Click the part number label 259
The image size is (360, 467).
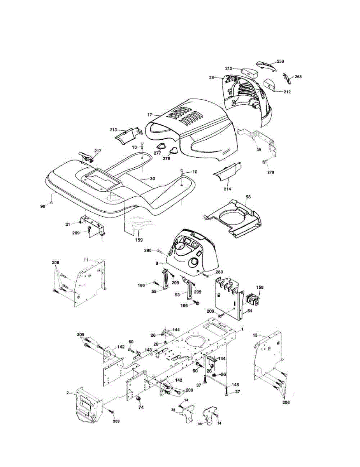(280, 61)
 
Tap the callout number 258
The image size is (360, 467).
(298, 77)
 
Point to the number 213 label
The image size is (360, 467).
(113, 130)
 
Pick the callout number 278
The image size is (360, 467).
(270, 172)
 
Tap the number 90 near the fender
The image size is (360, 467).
(42, 206)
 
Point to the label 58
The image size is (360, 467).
(248, 197)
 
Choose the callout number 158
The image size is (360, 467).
(259, 288)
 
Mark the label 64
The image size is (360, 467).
(249, 311)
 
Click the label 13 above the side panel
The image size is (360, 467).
(255, 335)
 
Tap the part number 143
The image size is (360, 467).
(148, 350)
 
